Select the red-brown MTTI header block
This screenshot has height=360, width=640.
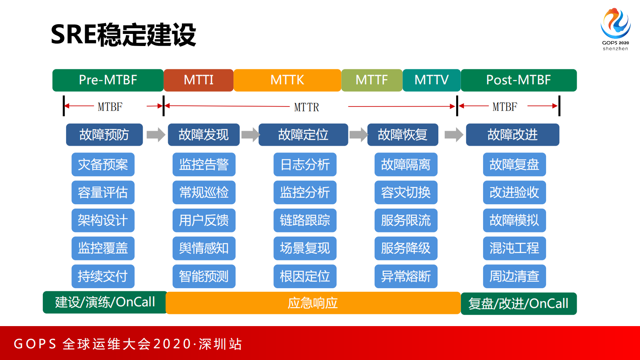(x=198, y=80)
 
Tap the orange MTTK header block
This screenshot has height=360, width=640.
(x=287, y=80)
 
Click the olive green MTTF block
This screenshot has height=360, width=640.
(x=371, y=80)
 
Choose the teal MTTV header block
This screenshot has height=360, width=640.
(x=431, y=80)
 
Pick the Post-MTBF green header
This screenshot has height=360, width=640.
(x=518, y=80)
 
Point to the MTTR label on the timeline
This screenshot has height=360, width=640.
(x=306, y=107)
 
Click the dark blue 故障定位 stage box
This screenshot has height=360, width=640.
(x=303, y=134)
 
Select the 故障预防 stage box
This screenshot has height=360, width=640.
(x=104, y=134)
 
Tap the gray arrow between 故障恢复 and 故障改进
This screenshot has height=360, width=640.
(x=454, y=134)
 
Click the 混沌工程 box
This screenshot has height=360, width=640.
(x=514, y=248)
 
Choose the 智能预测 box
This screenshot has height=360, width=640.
(x=204, y=276)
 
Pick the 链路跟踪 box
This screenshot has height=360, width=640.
(x=305, y=220)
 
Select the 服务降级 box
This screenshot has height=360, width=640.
(x=406, y=248)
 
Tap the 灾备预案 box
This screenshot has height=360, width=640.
(x=103, y=164)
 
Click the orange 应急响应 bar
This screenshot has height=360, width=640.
(x=313, y=303)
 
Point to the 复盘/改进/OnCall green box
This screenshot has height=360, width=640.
(x=518, y=303)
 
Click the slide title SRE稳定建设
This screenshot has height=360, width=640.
(x=123, y=35)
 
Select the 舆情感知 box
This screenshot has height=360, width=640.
(x=204, y=248)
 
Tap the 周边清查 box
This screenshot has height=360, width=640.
(x=514, y=276)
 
